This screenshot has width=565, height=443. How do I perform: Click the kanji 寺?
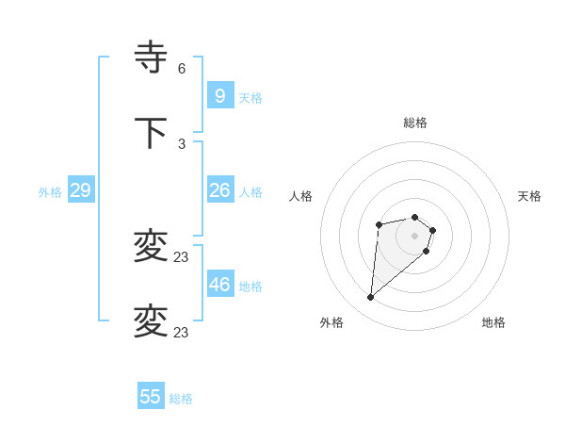click(151, 58)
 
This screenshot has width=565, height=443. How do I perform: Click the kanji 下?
click(151, 133)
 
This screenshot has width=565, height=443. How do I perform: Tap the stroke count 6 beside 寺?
click(182, 69)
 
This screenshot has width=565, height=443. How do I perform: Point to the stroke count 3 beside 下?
click(182, 143)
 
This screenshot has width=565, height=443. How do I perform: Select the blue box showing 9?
click(219, 95)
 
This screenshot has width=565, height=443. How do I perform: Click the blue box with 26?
click(219, 189)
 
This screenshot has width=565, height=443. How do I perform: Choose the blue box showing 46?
click(219, 284)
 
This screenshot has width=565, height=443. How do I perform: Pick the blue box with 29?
click(80, 190)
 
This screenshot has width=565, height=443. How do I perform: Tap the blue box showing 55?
click(151, 397)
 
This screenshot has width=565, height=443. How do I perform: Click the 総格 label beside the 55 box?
click(181, 399)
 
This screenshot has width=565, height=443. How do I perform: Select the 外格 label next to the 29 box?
click(50, 192)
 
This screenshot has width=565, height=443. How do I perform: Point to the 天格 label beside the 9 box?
click(250, 98)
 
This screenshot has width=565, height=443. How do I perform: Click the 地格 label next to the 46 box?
click(250, 287)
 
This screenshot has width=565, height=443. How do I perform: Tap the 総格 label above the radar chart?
click(415, 123)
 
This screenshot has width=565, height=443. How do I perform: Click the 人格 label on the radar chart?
click(301, 196)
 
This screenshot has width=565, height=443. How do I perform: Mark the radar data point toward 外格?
click(371, 298)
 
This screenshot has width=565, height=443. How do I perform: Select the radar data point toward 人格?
click(379, 224)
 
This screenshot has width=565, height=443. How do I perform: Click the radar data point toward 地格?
click(427, 251)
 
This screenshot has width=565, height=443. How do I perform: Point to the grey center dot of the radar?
click(415, 236)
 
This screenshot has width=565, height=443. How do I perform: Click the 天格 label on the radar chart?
click(530, 196)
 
